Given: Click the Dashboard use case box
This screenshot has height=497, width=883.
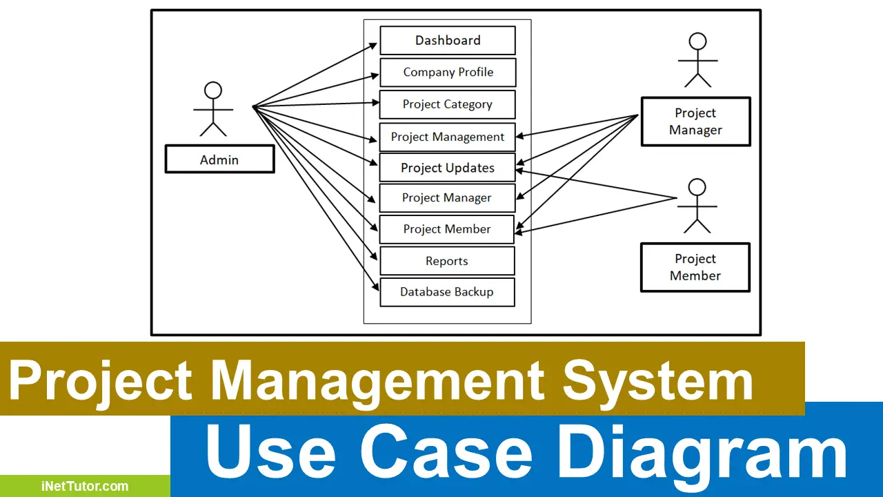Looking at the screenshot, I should pyautogui.click(x=448, y=41).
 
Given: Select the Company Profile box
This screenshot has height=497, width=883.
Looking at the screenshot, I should pyautogui.click(x=448, y=72).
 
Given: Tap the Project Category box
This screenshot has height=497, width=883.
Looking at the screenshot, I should pyautogui.click(x=448, y=104).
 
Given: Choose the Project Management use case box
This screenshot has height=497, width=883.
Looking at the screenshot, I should pyautogui.click(x=448, y=137).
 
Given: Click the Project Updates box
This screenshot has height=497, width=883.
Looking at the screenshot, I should pyautogui.click(x=448, y=168).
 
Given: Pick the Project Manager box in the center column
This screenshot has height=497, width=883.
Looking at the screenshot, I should pyautogui.click(x=447, y=198).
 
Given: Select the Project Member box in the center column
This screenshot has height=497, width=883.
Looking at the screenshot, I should pyautogui.click(x=447, y=229).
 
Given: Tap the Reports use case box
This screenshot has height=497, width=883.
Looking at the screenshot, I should pyautogui.click(x=447, y=261).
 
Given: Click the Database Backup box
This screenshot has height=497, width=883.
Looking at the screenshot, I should pyautogui.click(x=447, y=292).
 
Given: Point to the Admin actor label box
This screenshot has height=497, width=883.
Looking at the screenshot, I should pyautogui.click(x=219, y=160).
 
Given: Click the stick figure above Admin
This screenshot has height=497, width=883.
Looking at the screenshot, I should pyautogui.click(x=213, y=109).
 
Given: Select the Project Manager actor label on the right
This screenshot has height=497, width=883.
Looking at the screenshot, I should pyautogui.click(x=695, y=121).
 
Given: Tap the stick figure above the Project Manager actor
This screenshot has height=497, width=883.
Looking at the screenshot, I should pyautogui.click(x=697, y=61).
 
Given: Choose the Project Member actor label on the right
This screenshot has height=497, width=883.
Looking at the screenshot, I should pyautogui.click(x=695, y=267).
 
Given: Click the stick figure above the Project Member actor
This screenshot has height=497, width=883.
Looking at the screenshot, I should pyautogui.click(x=697, y=206).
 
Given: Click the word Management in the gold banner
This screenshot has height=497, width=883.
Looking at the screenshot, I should pyautogui.click(x=377, y=382).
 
